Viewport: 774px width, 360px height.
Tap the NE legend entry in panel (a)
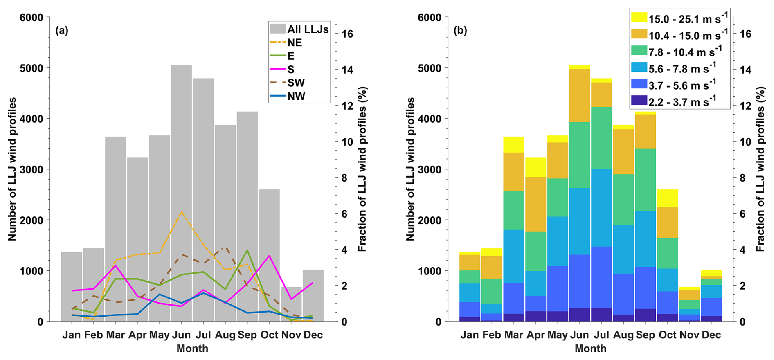coord(295,43)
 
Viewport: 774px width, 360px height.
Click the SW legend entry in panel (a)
coord(296,83)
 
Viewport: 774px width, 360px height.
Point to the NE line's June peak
coord(181,211)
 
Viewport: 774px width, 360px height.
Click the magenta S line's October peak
coord(269,256)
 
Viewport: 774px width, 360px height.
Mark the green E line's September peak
coord(247,250)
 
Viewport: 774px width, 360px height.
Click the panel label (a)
coord(62,31)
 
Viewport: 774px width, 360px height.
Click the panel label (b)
coord(460,31)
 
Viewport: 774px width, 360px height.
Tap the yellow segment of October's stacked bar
coord(667,198)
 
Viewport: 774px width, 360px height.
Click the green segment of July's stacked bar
coord(601,138)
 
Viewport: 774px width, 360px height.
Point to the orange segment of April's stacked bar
coord(535,204)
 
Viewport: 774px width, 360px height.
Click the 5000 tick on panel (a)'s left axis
coord(32,68)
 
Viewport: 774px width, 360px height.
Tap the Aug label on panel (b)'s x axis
coord(623,335)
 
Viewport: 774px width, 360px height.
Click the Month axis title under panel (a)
coord(192,349)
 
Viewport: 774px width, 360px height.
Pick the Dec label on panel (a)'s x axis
coord(313,335)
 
